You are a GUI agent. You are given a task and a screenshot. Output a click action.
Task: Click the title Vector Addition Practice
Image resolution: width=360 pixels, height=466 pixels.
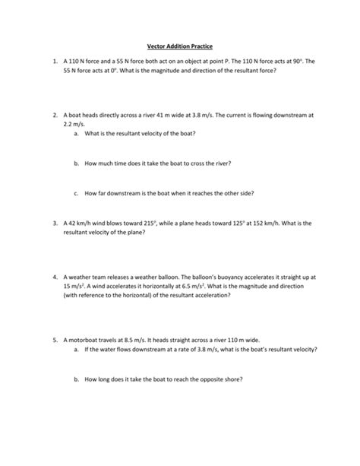[179, 46]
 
